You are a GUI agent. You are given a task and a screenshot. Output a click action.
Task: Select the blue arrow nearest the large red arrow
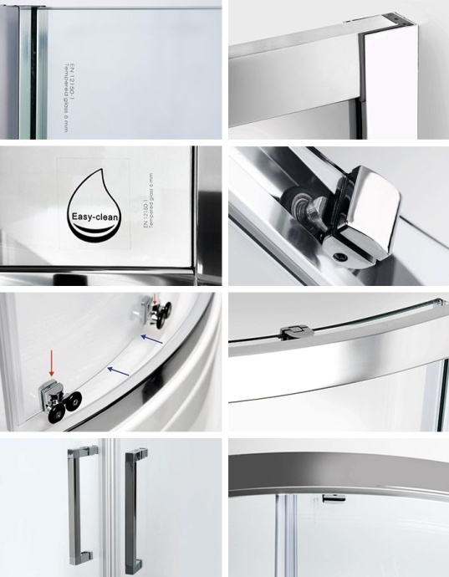pyautogui.click(x=118, y=370)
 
